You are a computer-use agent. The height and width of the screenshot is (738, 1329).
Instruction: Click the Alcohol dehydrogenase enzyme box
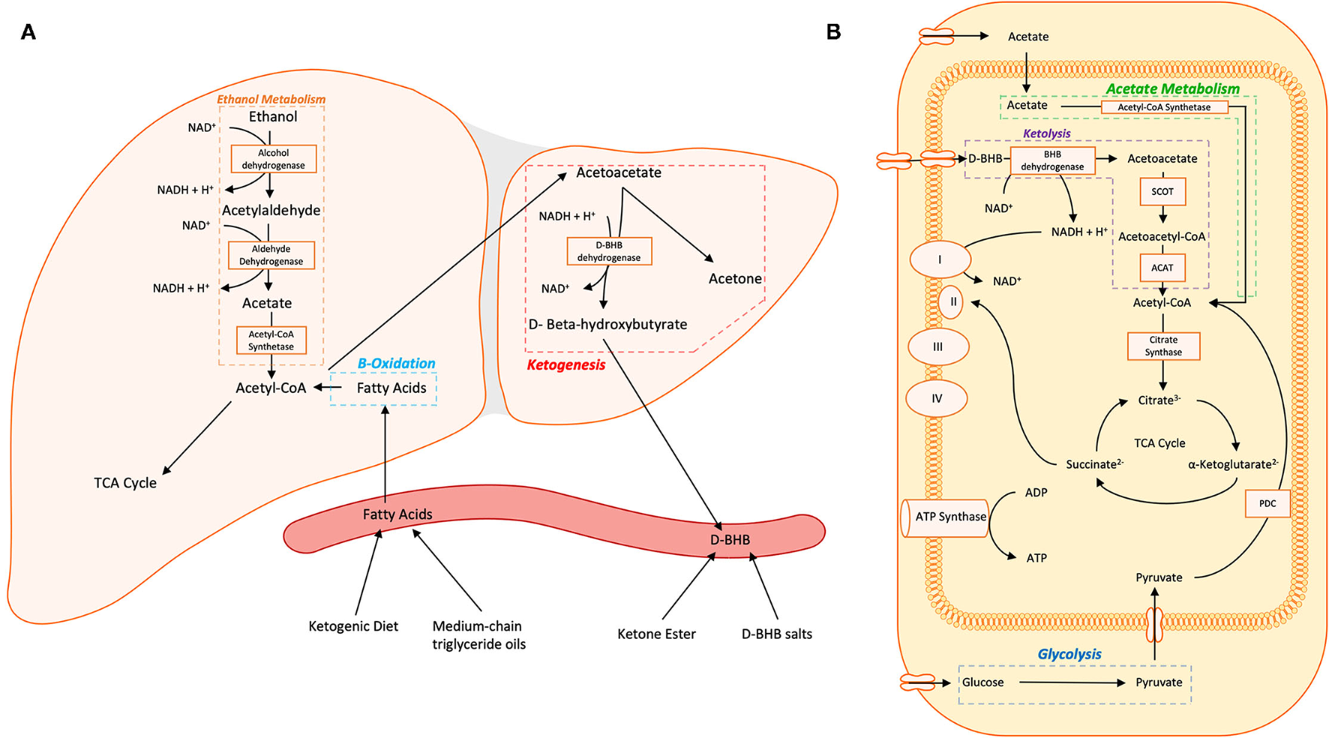click(x=273, y=159)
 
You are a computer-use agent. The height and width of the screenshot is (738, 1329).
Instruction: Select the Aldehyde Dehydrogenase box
click(x=271, y=255)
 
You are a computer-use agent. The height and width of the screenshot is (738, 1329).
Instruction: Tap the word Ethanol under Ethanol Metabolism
click(x=273, y=117)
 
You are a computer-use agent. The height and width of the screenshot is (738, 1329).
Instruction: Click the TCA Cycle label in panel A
click(x=125, y=483)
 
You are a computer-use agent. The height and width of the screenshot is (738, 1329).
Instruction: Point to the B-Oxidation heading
click(x=396, y=364)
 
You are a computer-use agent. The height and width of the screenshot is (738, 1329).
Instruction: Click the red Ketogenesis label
click(x=565, y=365)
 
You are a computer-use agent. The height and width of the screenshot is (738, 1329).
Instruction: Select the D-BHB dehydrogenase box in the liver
click(x=609, y=251)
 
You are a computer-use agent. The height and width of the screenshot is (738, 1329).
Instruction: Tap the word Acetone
click(x=735, y=279)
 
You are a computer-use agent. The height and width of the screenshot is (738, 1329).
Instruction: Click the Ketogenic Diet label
click(x=353, y=626)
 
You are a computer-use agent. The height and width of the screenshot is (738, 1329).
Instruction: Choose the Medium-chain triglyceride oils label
click(x=478, y=635)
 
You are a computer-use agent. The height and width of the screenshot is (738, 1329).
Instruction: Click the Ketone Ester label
click(x=656, y=634)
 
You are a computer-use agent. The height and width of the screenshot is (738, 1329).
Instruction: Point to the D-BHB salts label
click(x=776, y=634)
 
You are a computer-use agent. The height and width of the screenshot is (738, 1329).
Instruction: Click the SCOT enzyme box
click(x=1162, y=191)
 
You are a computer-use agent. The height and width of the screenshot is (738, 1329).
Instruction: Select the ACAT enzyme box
click(x=1162, y=268)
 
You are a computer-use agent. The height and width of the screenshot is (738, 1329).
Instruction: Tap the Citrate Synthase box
click(x=1163, y=346)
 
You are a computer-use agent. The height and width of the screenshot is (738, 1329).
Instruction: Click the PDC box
click(x=1267, y=503)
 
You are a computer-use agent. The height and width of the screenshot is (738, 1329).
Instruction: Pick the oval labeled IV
click(x=937, y=399)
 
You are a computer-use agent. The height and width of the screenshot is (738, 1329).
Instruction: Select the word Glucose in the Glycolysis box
click(x=982, y=682)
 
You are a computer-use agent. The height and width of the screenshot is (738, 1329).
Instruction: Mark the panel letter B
click(x=833, y=32)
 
